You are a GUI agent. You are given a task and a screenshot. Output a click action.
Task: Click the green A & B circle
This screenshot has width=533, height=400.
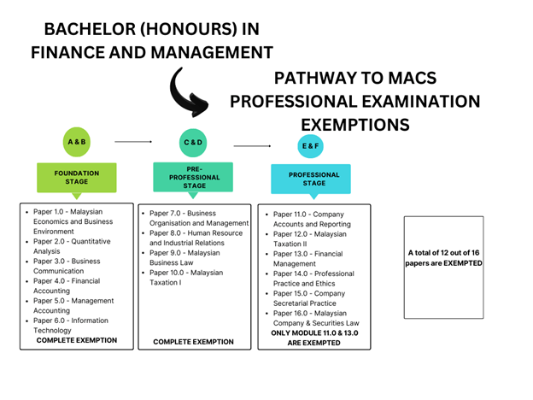[x=77, y=142]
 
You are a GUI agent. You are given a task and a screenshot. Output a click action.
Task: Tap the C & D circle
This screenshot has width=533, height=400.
[x=193, y=143]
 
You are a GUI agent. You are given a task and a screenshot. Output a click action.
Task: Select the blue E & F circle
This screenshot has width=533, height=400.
[x=310, y=146]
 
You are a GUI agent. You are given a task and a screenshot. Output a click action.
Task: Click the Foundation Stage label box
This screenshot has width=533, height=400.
[x=77, y=178]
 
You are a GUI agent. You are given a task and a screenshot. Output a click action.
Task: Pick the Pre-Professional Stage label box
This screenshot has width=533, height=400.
[x=193, y=177]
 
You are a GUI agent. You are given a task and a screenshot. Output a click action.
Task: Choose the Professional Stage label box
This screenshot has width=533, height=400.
[x=311, y=179]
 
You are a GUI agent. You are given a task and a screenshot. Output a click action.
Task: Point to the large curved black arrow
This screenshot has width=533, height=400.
[x=189, y=92]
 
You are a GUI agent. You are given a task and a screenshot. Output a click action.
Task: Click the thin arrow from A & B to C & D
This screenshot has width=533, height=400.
[x=133, y=142]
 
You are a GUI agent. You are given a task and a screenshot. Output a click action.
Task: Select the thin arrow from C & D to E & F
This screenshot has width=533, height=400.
[x=252, y=146]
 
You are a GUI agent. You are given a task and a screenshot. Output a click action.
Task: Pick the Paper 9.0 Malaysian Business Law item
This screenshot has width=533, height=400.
[x=181, y=258]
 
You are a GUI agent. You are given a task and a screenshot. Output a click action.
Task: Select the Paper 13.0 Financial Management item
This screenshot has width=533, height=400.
[x=304, y=259]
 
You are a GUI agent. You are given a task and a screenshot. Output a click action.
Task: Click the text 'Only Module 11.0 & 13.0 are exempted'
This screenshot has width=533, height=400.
[x=314, y=338]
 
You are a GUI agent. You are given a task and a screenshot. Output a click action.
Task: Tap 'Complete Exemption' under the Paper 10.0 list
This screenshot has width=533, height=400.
[x=193, y=342]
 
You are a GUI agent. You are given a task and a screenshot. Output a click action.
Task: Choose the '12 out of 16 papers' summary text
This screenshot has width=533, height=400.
[x=443, y=258]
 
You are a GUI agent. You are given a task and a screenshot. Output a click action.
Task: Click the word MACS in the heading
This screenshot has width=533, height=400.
[x=413, y=78]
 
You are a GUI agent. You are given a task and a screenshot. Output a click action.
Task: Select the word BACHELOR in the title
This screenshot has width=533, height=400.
[x=90, y=29]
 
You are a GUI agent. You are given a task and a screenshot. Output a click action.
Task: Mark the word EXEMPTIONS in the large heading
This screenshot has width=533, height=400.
[x=355, y=125]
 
